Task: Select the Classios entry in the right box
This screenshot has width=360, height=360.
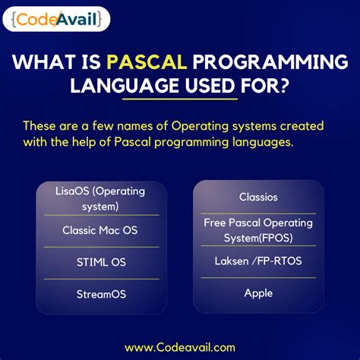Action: point(258,197)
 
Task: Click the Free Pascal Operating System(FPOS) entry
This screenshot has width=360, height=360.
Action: point(258,230)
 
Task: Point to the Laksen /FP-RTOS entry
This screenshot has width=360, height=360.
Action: point(258,261)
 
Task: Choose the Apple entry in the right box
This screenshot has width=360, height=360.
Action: point(258,292)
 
